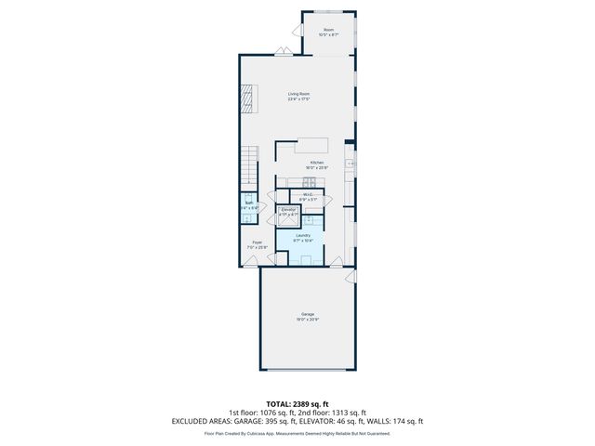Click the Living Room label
coord(297,94)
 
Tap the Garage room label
coord(307,313)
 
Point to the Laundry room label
coord(303,235)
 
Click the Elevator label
coord(288,210)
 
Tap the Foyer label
coord(256,243)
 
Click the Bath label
coord(249,203)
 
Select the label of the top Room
coord(328,31)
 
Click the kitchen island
coord(313,146)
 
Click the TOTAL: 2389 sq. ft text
coord(297,404)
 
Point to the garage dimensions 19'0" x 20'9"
coord(307,319)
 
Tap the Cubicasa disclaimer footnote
coord(297,433)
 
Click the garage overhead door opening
coord(307,368)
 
